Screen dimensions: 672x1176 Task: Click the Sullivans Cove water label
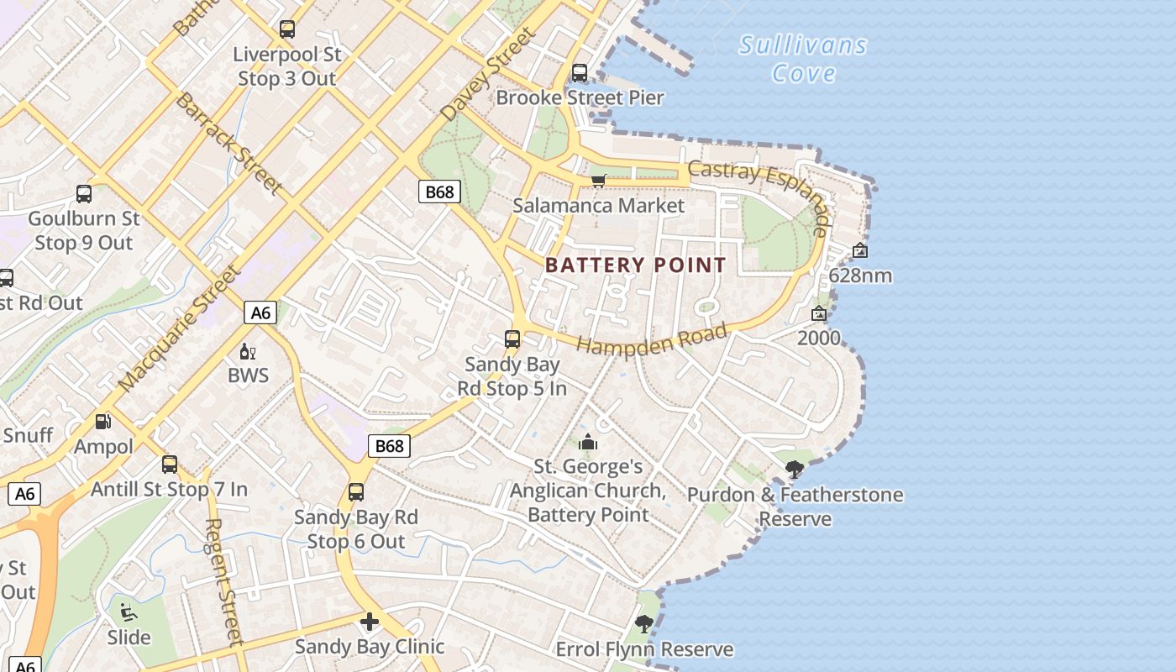[802, 59]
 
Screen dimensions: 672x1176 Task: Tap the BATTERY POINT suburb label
[636, 265]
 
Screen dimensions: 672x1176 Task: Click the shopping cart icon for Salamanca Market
[599, 181]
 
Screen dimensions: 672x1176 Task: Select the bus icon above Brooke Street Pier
[580, 73]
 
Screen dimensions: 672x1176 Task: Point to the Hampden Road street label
[653, 339]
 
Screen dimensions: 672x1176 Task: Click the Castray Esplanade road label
[761, 190]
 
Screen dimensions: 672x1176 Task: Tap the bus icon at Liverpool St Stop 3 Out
[287, 29]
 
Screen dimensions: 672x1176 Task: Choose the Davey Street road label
[487, 74]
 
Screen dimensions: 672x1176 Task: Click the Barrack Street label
[228, 144]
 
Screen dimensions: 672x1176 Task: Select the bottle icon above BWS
[248, 351]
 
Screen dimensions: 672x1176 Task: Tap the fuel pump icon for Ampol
[103, 422]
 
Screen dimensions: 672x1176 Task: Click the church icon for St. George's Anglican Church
[588, 442]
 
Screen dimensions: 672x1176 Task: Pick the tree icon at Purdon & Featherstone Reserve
[795, 470]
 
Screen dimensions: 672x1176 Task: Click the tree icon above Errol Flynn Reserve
[644, 624]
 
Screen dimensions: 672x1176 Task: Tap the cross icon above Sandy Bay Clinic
[369, 622]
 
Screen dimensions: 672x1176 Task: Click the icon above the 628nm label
[859, 250]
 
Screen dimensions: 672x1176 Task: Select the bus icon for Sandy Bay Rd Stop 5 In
[512, 339]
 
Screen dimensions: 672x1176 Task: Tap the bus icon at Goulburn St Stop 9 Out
[84, 194]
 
